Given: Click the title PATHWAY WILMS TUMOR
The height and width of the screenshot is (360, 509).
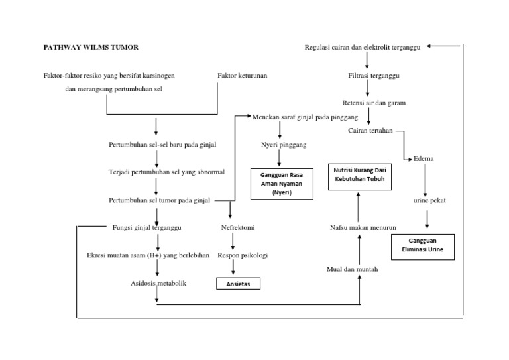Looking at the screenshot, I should [x=91, y=47].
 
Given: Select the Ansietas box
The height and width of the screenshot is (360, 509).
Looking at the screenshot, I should [x=239, y=284].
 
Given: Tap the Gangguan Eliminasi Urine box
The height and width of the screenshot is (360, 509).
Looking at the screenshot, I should [x=425, y=247].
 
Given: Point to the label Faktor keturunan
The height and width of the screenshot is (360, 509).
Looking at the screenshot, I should [x=242, y=76].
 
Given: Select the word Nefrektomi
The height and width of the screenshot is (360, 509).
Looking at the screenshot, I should [x=238, y=227].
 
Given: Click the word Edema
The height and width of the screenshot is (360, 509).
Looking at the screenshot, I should [x=424, y=159].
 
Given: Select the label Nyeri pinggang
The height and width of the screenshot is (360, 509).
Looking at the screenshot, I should [x=280, y=143].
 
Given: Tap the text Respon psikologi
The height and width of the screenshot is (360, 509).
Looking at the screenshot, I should [x=243, y=255].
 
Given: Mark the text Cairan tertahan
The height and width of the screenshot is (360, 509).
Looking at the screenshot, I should [x=371, y=130].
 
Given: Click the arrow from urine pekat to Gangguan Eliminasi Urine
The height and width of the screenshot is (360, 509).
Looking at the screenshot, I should [x=427, y=219].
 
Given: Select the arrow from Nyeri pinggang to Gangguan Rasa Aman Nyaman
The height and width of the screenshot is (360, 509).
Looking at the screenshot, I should [x=280, y=157].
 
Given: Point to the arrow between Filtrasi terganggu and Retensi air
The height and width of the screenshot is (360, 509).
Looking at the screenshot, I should [x=367, y=90].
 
